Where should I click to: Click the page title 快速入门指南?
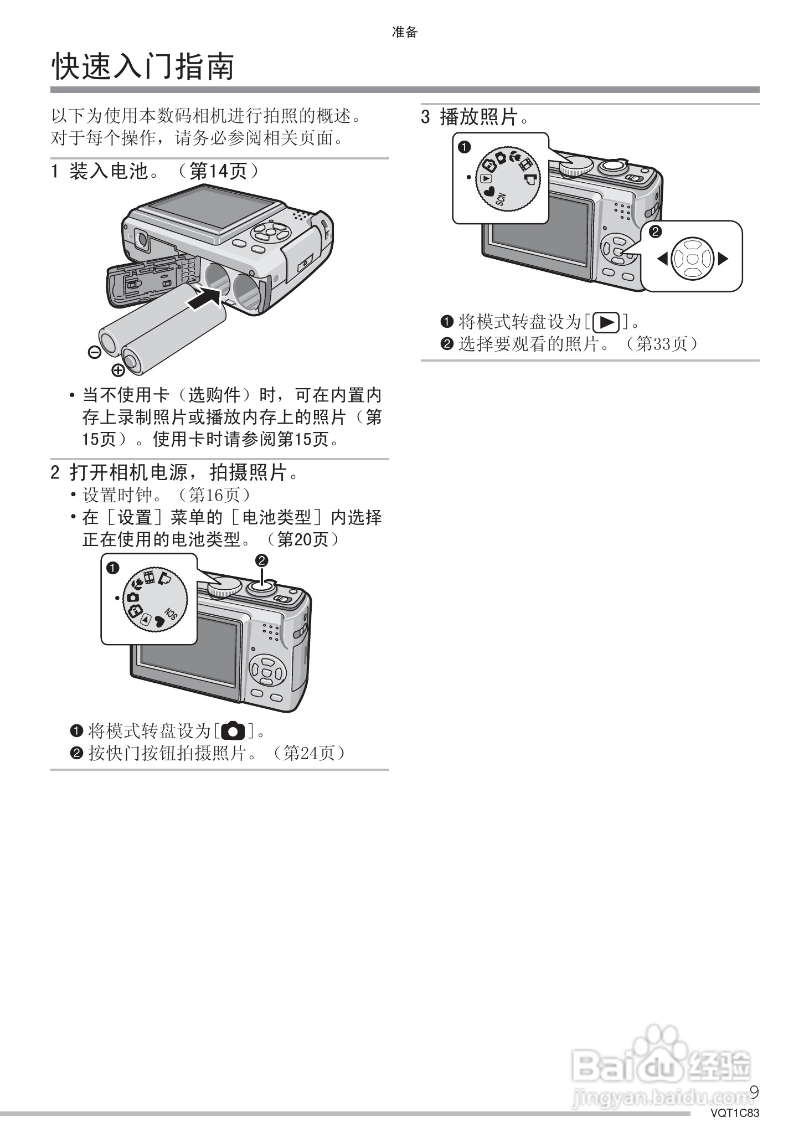coord(143,67)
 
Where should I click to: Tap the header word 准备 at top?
coord(404,33)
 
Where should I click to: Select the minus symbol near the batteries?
coord(94,351)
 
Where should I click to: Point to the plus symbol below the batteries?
coord(118,370)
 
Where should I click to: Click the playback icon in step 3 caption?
coord(606,322)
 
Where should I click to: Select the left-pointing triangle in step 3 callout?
coord(662,259)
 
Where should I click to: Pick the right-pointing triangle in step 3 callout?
coord(722,259)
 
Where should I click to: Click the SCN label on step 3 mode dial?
coord(501,199)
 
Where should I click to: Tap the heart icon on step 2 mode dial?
coord(159,622)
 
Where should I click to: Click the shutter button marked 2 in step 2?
coord(262,585)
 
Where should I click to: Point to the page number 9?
coord(754,1091)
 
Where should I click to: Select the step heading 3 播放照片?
coord(475,117)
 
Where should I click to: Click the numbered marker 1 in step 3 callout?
coord(465,147)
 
